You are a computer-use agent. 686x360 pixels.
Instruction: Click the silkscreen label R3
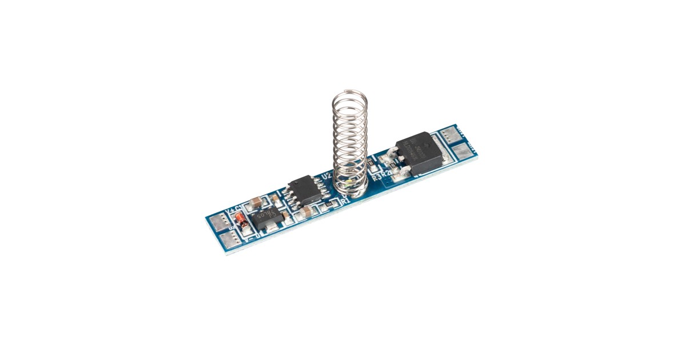376,178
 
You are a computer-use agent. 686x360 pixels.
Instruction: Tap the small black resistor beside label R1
328,204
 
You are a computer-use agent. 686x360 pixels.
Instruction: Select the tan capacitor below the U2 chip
307,212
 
